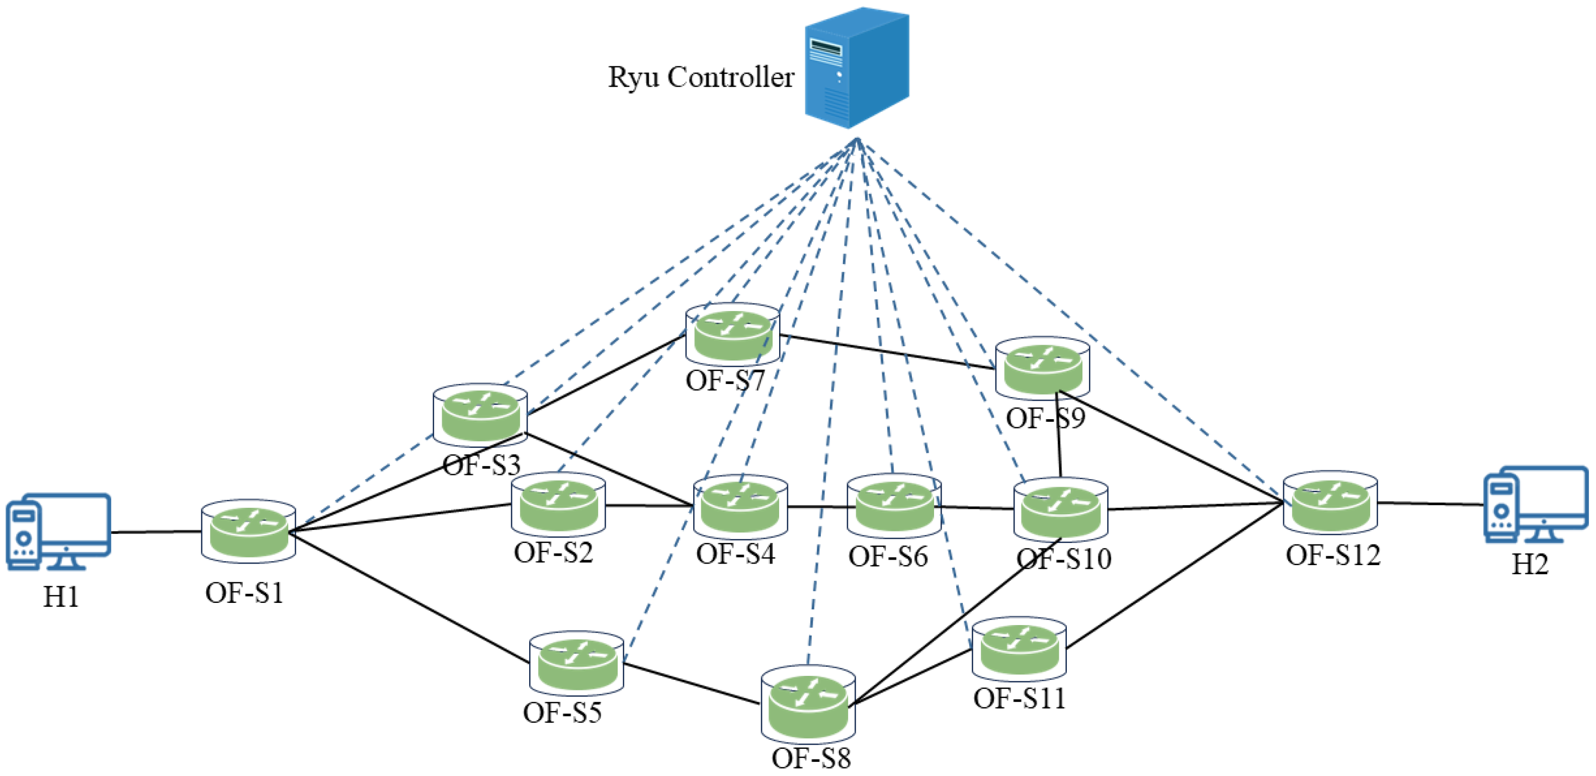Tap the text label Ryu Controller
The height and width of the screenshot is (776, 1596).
tap(700, 77)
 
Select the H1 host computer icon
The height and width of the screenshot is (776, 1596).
tap(58, 532)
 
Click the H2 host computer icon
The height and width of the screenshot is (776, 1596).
tap(1535, 505)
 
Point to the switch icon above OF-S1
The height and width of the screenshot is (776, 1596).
tap(248, 532)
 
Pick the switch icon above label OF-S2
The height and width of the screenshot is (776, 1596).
tap(558, 505)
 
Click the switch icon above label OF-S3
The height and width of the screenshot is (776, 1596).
tap(480, 415)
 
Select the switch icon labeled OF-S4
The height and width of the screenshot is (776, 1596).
tap(740, 506)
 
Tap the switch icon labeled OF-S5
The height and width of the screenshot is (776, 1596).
tap(577, 664)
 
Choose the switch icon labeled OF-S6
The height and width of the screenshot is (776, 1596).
tap(894, 506)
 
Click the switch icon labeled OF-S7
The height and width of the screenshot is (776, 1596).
tap(733, 334)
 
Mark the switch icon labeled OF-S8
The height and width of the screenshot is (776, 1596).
tap(808, 704)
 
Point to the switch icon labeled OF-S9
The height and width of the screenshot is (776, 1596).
tap(1043, 368)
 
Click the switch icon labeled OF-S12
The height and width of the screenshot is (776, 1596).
tap(1330, 503)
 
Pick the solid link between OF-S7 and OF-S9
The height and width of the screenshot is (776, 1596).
tap(886, 351)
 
